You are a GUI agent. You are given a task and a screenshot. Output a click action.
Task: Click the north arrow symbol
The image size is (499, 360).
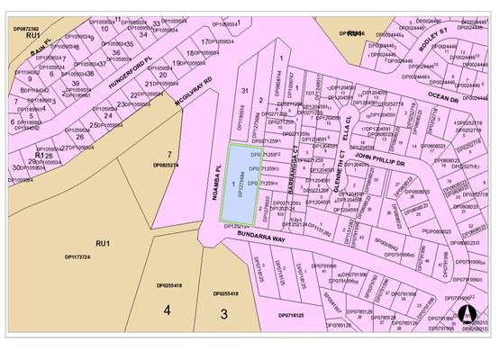[467, 314]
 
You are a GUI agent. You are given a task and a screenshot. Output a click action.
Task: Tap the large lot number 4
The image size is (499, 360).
[167, 310]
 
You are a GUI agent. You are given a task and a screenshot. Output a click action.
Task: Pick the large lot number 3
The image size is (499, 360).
[223, 313]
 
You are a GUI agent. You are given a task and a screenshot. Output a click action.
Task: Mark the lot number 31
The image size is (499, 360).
[244, 92]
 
